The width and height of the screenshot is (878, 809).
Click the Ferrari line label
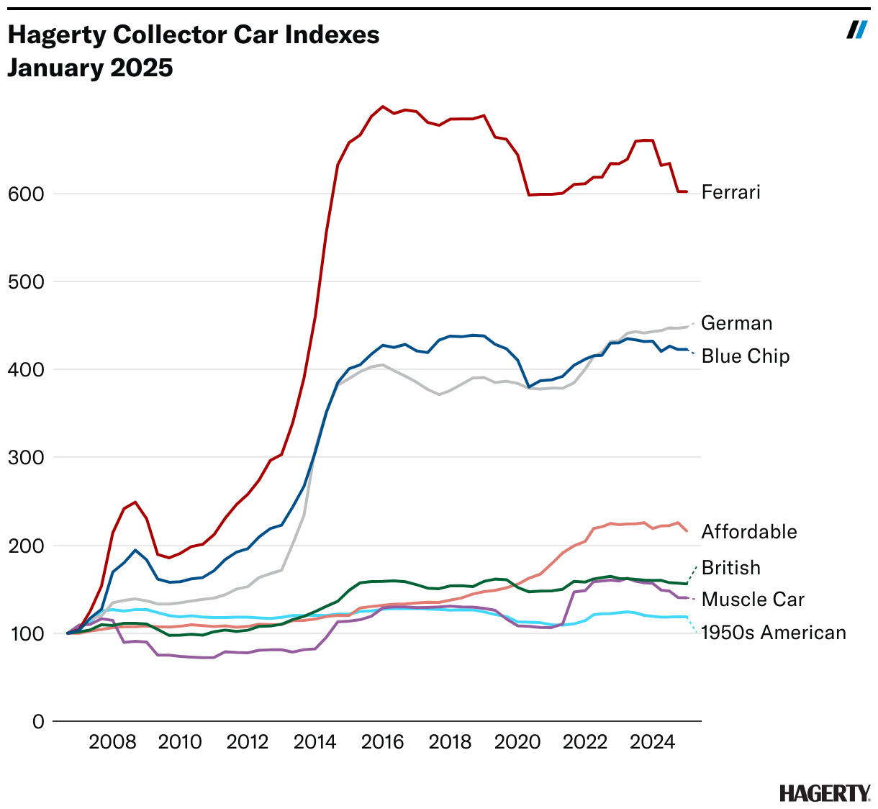[730, 192]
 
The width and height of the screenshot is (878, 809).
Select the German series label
[736, 323]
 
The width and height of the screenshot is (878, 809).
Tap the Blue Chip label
[745, 356]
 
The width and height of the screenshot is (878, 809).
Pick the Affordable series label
[749, 532]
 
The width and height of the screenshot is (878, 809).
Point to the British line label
[730, 568]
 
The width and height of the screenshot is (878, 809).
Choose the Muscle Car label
[753, 600]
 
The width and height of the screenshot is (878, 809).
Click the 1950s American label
[774, 633]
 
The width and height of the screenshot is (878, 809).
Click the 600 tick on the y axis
[26, 194]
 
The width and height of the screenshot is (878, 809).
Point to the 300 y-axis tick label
[26, 458]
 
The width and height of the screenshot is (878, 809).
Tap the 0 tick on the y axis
[38, 722]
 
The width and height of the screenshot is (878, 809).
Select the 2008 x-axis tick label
[112, 742]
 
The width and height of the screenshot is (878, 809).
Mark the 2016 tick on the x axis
[382, 742]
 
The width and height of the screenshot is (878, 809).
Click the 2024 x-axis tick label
[652, 742]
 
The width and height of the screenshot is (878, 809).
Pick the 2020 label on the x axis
[517, 742]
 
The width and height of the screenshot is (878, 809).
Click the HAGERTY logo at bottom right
[825, 793]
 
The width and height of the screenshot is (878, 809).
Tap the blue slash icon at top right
[856, 30]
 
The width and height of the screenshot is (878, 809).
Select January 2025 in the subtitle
[90, 68]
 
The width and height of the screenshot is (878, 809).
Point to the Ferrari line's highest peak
[382, 107]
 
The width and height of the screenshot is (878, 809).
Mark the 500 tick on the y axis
[26, 281]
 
